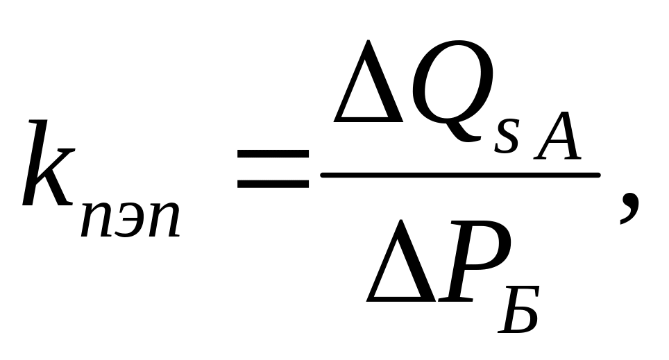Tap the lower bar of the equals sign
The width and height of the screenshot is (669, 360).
click(272, 185)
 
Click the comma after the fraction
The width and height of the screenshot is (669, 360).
click(627, 208)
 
